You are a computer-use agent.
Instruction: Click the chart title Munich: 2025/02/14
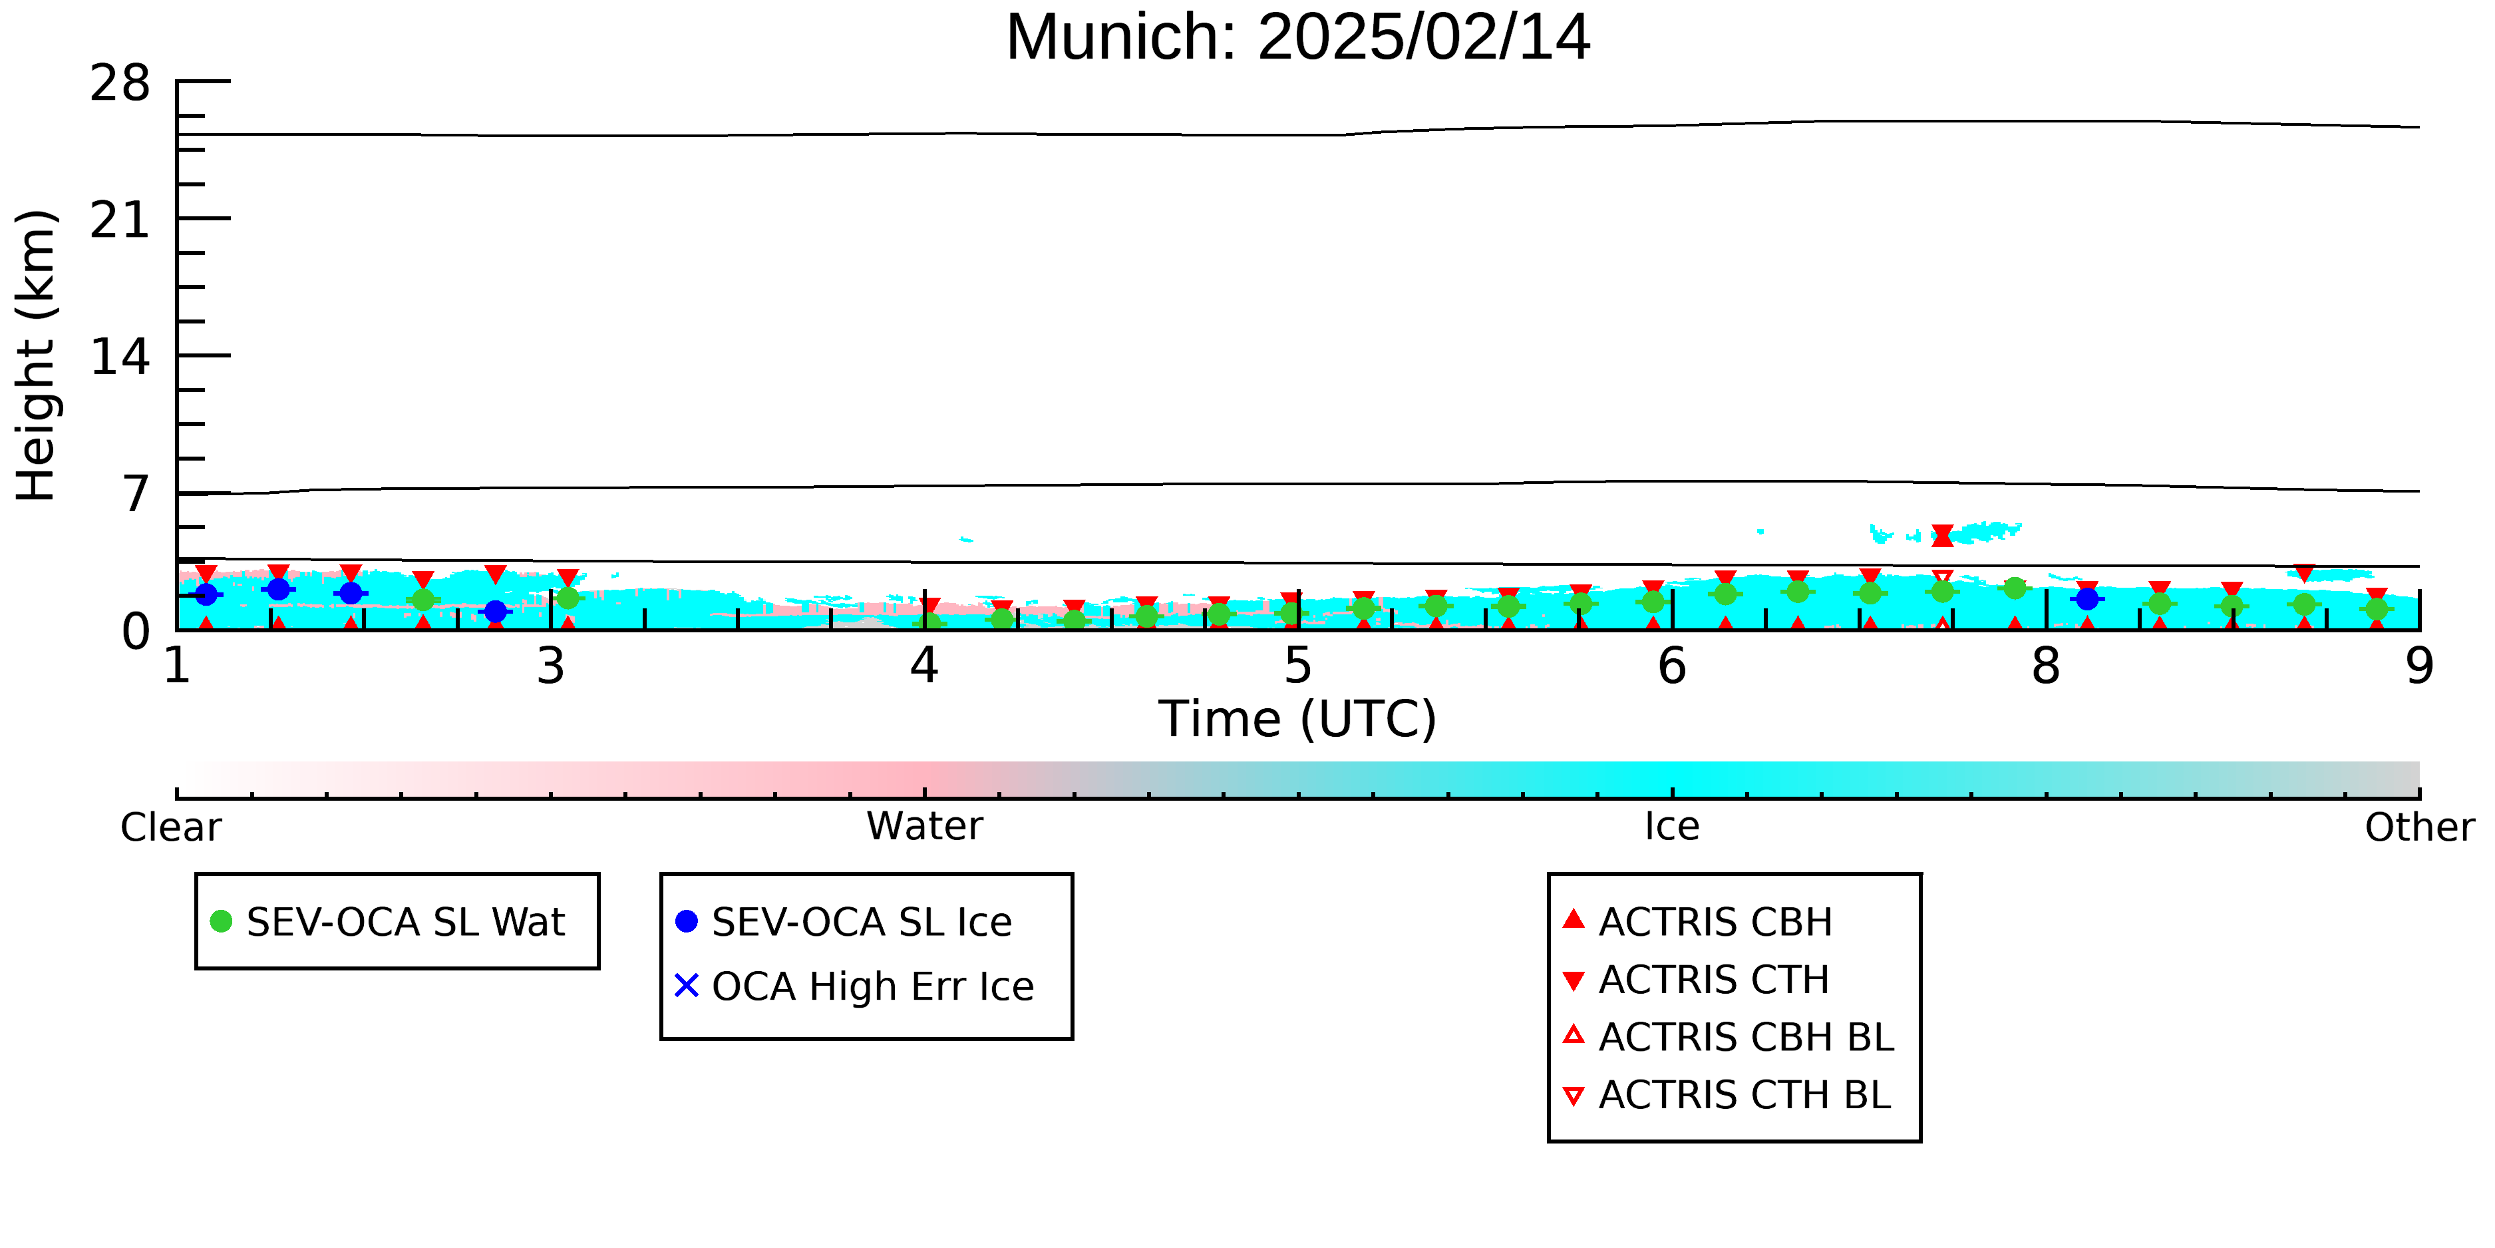(1298, 37)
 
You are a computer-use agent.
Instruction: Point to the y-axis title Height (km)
(37, 355)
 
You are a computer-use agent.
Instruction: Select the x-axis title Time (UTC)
(1298, 719)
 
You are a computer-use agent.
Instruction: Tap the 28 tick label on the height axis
(120, 83)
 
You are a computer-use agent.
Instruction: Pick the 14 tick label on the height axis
(120, 357)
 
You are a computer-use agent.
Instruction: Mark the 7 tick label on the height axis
(136, 494)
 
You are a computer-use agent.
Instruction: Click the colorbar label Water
(925, 827)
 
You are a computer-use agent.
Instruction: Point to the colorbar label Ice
(1672, 827)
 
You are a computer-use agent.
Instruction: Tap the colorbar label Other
(2419, 827)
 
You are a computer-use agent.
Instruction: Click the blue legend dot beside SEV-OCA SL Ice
(687, 921)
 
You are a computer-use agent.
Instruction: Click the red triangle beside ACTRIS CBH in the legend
(1574, 919)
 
